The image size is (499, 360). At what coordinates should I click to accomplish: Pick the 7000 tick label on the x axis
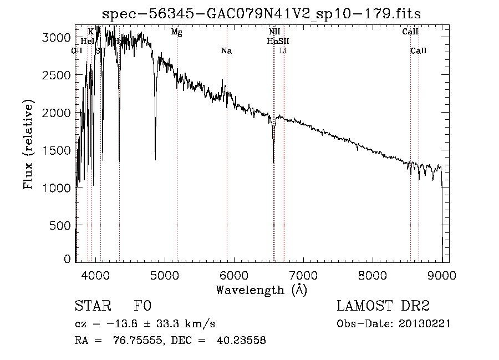(303, 275)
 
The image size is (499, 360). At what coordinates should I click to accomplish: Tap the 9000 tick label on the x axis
(442, 275)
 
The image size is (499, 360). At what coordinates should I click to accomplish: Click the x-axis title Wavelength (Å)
(261, 290)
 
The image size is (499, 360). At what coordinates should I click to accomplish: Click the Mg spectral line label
(176, 32)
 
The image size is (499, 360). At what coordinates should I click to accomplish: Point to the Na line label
(226, 51)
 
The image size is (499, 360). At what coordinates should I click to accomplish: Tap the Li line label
(283, 51)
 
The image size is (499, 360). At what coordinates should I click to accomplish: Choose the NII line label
(274, 32)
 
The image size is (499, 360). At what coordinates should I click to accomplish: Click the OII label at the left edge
(77, 51)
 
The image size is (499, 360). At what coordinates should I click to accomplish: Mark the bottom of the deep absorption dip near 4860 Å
(155, 159)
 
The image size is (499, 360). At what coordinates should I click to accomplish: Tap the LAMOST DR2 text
(383, 306)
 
